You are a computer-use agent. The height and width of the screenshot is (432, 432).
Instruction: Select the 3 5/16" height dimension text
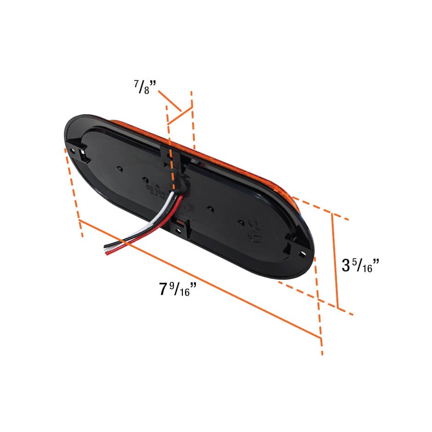click(x=360, y=265)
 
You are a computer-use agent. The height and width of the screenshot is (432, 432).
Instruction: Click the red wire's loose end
click(x=109, y=253)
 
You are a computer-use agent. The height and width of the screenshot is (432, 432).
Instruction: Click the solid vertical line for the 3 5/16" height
click(x=335, y=259)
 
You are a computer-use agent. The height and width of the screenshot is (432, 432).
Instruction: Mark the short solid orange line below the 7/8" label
click(x=179, y=116)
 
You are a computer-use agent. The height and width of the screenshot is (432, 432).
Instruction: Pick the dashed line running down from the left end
click(x=74, y=193)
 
